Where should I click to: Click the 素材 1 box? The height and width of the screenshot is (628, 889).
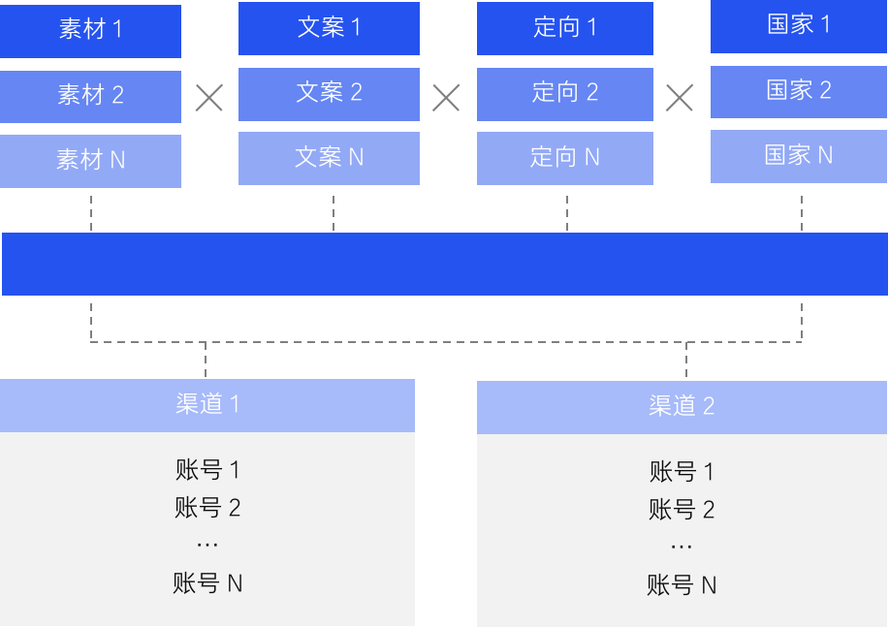90,30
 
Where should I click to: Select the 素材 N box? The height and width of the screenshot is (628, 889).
90,160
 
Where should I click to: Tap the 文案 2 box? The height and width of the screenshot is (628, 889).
329,93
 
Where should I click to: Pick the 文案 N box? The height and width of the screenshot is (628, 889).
329,157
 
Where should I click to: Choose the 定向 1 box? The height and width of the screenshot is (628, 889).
567,28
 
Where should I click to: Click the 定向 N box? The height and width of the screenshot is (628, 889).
567,157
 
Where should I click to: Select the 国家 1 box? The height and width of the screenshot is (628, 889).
800,26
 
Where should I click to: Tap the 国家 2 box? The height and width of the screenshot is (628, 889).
800,91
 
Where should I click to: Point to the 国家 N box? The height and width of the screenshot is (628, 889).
800,156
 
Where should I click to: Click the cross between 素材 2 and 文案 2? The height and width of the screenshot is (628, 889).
209,97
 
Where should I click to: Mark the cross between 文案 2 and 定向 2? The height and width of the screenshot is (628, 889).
446,97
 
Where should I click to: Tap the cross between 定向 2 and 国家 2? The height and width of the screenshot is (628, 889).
680,97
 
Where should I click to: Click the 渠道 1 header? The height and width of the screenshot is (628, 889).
207,405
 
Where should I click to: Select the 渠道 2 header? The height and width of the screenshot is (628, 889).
682,406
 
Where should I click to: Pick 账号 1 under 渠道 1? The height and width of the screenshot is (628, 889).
207,471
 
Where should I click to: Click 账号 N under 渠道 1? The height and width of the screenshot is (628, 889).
207,583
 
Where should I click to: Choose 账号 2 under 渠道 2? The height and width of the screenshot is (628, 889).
682,510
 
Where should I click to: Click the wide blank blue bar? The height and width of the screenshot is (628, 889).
444,264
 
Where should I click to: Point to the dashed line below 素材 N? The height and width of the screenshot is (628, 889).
91,211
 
